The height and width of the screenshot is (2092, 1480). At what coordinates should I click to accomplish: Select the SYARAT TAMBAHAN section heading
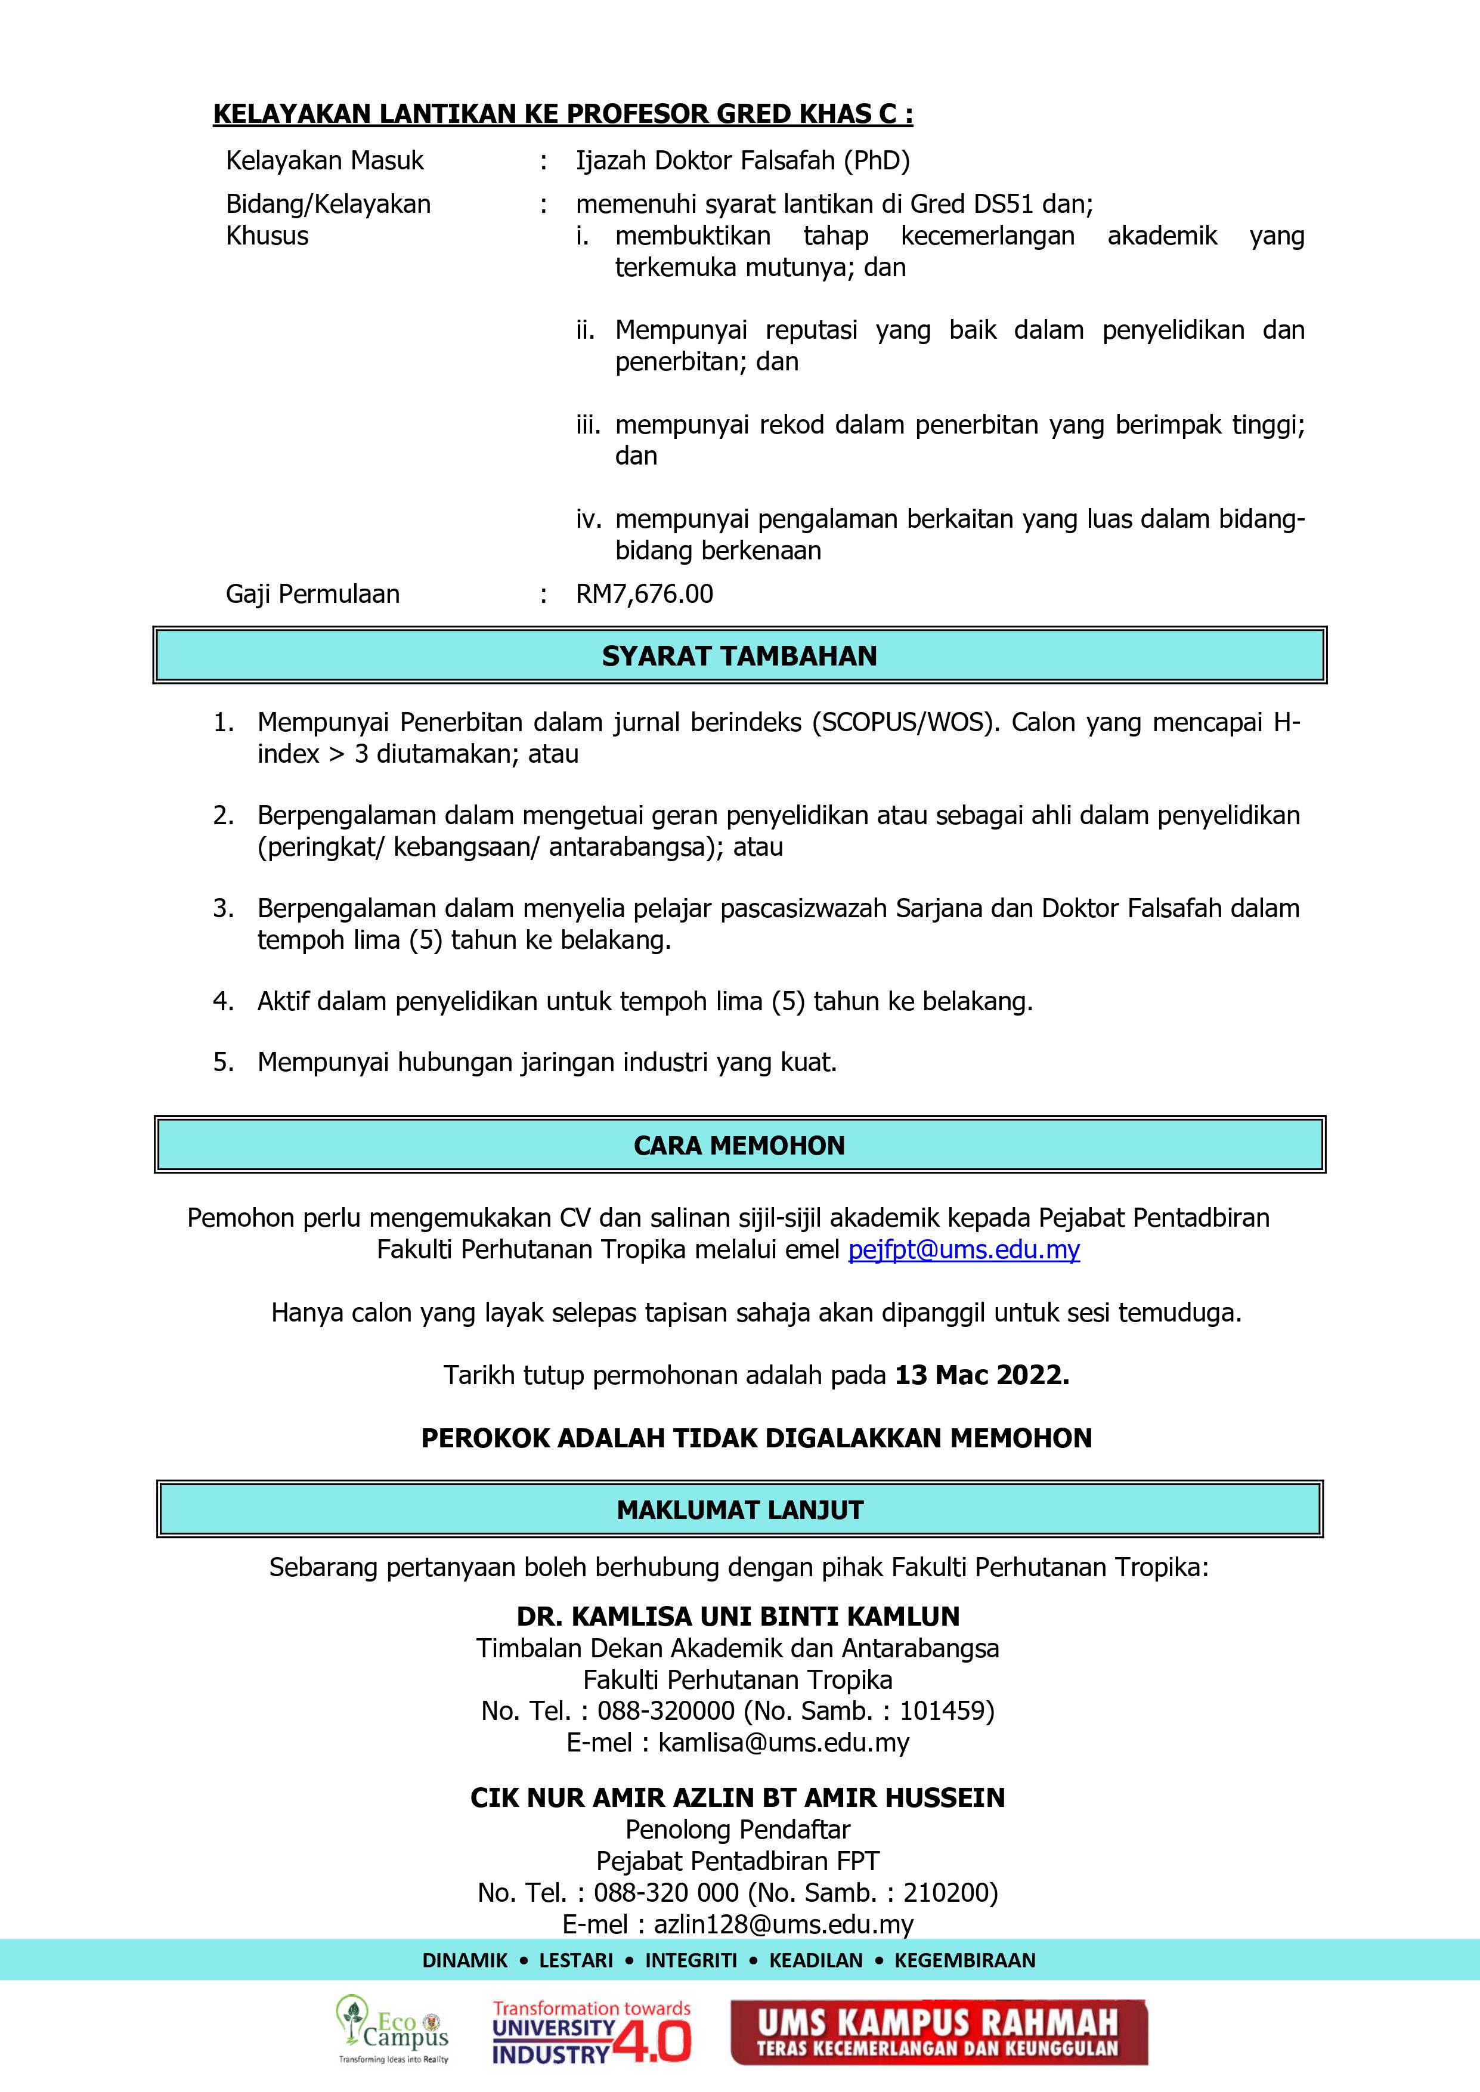pos(739,656)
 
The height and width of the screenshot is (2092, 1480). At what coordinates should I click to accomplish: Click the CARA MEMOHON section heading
pos(739,1146)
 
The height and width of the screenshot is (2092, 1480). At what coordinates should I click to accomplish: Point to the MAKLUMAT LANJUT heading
pos(739,1510)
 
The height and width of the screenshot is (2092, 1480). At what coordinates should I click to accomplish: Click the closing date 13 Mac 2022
pos(981,1375)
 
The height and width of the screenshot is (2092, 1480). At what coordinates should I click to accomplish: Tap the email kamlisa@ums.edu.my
pos(784,1743)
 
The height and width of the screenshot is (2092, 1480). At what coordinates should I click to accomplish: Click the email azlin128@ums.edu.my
pos(783,1924)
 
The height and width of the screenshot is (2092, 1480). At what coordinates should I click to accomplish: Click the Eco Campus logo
pos(393,2031)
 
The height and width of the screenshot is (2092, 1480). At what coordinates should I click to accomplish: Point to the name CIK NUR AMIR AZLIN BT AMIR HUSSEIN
pos(737,1797)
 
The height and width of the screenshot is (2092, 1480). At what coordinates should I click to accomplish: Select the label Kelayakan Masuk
pos(324,161)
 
